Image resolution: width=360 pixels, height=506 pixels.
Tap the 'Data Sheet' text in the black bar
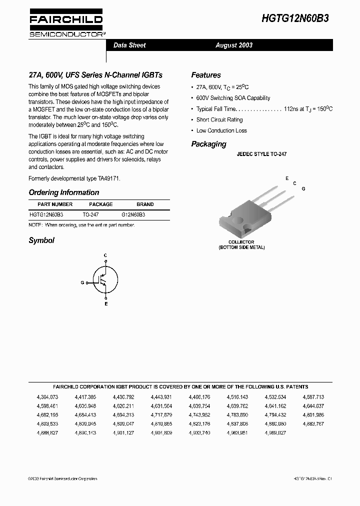click(129, 45)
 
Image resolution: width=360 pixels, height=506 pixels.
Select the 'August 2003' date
click(234, 45)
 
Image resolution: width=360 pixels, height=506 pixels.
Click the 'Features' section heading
click(206, 75)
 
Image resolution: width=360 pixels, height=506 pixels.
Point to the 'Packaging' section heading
click(208, 144)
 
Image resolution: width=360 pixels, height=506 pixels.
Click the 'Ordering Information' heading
click(64, 192)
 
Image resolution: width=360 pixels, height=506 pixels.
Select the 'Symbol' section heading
click(41, 240)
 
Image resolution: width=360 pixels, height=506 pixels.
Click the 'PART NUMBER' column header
click(55, 204)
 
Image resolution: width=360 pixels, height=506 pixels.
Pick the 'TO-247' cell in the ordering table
click(90, 214)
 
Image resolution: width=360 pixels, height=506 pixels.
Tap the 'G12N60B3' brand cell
click(133, 214)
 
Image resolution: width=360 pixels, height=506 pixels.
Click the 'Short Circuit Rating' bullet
click(219, 120)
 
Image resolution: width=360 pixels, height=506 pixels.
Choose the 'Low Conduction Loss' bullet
click(221, 130)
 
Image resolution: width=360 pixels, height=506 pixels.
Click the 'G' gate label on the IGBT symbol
click(82, 282)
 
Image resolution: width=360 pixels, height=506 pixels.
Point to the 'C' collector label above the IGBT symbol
click(105, 255)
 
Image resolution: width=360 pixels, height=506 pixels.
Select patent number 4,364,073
click(47, 396)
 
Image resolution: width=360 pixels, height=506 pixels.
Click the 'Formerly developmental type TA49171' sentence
click(74, 178)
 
